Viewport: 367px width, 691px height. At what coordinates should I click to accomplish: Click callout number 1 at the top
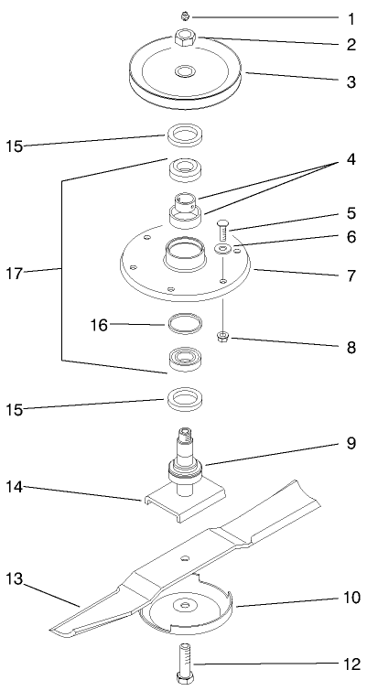[x=349, y=18]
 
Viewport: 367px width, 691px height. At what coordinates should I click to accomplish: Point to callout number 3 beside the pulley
[x=349, y=81]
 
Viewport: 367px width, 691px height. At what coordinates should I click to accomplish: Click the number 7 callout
[x=350, y=274]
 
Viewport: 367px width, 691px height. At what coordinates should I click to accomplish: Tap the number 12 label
[x=349, y=663]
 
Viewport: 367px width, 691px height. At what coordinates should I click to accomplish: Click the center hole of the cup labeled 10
[x=186, y=607]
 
